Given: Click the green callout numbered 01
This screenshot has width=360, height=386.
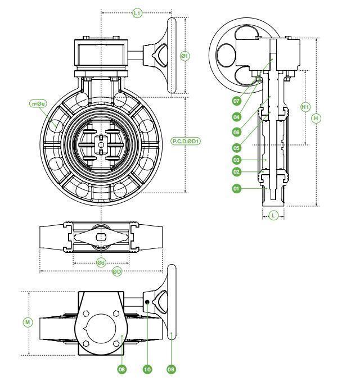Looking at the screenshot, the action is point(236,189).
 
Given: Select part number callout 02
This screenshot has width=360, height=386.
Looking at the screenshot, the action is point(236,171).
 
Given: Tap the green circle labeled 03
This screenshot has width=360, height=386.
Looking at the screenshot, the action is point(236,160).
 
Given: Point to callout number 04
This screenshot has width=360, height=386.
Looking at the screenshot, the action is point(236,117).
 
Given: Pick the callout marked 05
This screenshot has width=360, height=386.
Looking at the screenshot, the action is point(236,148).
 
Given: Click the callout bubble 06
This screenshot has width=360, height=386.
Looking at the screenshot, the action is point(236,132).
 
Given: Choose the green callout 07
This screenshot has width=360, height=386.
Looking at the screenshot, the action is point(236,101).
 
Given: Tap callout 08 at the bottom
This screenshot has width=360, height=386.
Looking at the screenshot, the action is point(121,369).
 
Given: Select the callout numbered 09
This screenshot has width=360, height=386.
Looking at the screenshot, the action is point(171,369).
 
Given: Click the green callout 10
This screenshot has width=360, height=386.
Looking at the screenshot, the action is point(147,369).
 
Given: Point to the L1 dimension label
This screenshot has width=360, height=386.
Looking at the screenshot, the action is point(137,13).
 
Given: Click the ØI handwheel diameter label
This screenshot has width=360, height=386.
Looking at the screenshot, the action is point(185,56).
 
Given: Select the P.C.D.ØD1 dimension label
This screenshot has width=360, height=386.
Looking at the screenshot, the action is point(186,141).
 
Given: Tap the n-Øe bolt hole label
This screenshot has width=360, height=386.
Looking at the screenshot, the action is point(38,103).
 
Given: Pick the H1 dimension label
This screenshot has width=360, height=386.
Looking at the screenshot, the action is point(305,107).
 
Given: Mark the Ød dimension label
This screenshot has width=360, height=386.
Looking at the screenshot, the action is point(101,262).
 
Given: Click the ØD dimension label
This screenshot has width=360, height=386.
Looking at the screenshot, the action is point(117,272).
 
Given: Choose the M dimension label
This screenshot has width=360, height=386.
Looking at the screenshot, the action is point(28,323).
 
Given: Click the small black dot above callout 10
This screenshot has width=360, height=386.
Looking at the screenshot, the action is point(147,302).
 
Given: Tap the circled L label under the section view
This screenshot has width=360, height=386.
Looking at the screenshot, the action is point(273,216).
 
